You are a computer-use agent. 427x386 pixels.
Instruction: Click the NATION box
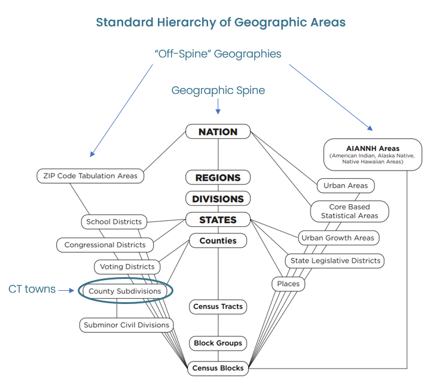point(218,132)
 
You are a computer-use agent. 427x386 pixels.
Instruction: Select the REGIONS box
point(218,178)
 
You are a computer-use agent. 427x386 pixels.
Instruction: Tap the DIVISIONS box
point(218,199)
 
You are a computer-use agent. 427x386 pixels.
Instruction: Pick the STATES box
point(218,220)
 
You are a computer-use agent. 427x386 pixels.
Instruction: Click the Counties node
point(218,241)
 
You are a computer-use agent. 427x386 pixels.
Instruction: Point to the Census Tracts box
point(218,306)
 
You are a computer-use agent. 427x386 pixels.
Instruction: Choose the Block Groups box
point(218,344)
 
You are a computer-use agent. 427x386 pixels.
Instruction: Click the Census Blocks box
point(218,368)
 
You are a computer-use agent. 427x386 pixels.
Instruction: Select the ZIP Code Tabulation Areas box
point(90,175)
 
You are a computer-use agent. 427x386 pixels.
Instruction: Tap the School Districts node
point(114,221)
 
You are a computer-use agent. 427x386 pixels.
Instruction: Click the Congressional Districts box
point(105,245)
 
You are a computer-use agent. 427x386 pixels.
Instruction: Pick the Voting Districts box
point(127,266)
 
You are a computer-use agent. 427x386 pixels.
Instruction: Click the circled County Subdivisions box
point(125,291)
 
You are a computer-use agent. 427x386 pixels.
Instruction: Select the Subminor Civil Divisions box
point(126,325)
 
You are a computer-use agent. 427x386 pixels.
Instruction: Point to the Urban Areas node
point(346,186)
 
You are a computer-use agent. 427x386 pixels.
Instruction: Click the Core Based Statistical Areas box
point(349,211)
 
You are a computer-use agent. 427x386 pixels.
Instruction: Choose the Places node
point(288,284)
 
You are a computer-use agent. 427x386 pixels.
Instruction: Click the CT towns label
point(32,290)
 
